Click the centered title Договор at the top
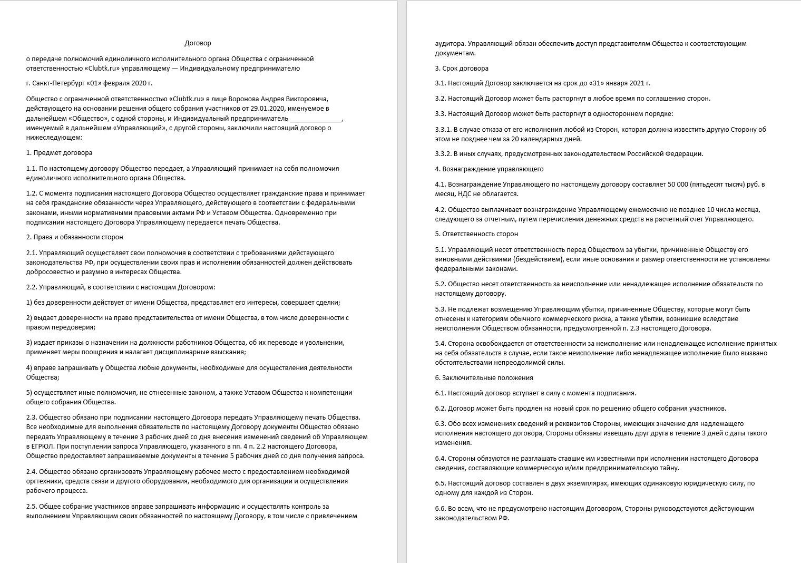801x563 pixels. (x=198, y=43)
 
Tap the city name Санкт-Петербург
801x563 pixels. (x=60, y=83)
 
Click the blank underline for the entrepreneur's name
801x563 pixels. (x=316, y=119)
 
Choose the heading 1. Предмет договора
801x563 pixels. (x=59, y=153)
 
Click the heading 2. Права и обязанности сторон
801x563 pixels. (x=74, y=237)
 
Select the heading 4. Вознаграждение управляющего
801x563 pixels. (x=489, y=169)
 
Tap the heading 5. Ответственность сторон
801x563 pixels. (x=476, y=234)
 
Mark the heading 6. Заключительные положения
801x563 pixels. (x=484, y=378)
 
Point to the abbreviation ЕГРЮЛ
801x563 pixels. (x=38, y=446)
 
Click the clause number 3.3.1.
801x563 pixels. (x=444, y=130)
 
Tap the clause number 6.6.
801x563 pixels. (x=441, y=509)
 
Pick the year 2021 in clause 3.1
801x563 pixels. (x=636, y=83)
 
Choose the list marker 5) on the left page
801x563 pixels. (x=29, y=393)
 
